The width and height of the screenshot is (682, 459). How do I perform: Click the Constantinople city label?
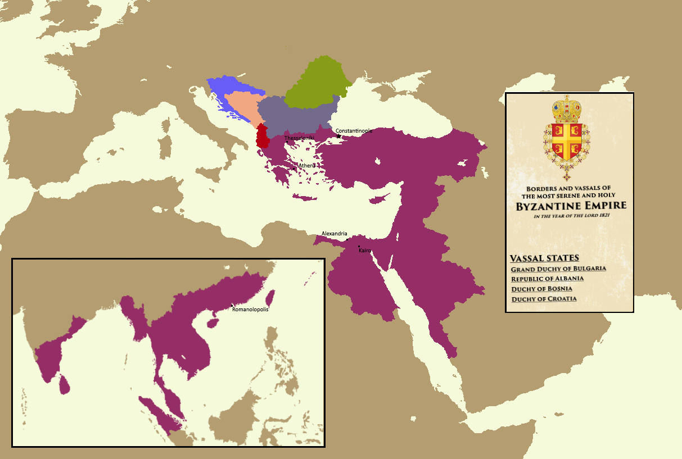[354, 131]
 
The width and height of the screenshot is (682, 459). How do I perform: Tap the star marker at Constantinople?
[338, 136]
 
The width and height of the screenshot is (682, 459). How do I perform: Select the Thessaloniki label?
[299, 138]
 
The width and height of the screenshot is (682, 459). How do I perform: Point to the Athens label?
[307, 165]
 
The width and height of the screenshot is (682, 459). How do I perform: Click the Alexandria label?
[335, 234]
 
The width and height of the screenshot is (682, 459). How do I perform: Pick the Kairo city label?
[365, 250]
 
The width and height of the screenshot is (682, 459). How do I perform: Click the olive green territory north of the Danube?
[315, 84]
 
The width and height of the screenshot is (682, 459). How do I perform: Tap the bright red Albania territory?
[262, 137]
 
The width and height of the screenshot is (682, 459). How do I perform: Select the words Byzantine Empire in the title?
[571, 206]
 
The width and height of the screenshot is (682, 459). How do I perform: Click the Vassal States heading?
[544, 258]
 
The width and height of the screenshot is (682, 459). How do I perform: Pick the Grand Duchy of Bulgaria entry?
[558, 269]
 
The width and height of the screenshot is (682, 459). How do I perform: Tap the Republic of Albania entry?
[547, 279]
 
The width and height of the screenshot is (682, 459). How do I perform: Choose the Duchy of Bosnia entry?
[541, 289]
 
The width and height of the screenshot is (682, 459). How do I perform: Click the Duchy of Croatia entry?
[544, 299]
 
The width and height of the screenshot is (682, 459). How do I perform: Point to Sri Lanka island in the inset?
[65, 384]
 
